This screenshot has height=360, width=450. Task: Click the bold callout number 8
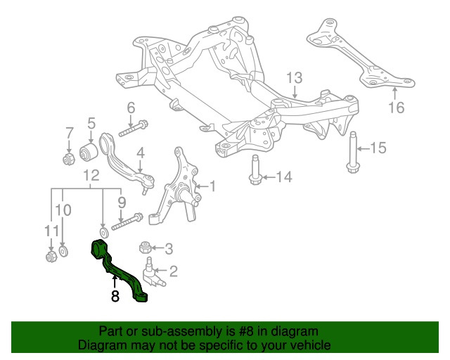tap(115, 296)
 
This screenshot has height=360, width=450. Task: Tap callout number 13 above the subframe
tap(295, 78)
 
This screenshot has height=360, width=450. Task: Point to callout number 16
tap(397, 108)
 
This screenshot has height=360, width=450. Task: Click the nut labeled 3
tap(146, 247)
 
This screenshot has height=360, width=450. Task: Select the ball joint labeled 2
tap(152, 273)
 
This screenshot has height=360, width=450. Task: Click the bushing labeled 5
tap(89, 151)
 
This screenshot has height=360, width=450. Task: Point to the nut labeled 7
tap(69, 159)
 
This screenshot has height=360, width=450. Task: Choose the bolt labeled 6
tap(134, 129)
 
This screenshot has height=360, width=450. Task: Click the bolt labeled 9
tap(127, 221)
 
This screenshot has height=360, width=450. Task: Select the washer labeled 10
tap(63, 251)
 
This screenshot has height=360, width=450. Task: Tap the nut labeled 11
tap(51, 256)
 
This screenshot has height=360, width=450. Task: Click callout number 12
tap(91, 175)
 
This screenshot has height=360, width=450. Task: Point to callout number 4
tap(141, 153)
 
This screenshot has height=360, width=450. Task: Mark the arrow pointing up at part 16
tap(395, 94)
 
